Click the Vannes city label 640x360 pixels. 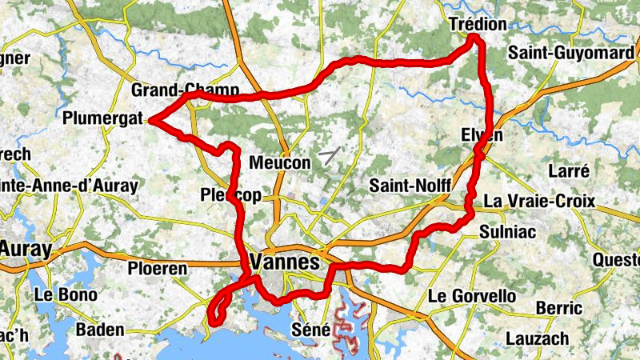point(285,262)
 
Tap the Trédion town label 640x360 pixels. point(478,24)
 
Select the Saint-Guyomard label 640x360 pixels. point(570,53)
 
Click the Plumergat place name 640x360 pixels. point(102,119)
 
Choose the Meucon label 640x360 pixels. point(279,162)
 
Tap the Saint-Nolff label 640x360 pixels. point(410,186)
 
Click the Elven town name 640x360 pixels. point(482,135)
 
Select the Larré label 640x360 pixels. point(570,170)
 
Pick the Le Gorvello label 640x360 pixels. point(473,296)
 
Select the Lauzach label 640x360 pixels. point(537,338)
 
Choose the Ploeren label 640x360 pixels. point(158,269)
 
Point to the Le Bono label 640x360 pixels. point(66,294)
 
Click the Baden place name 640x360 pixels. point(100,330)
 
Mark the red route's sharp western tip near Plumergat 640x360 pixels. point(150,122)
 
